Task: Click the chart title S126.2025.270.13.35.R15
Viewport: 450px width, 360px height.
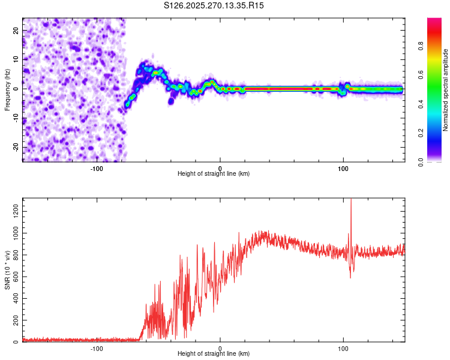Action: (214, 5)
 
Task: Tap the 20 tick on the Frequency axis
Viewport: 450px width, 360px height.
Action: (16, 30)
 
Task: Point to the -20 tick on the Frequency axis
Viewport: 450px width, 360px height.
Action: (16, 147)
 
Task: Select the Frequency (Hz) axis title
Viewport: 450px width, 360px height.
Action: (7, 90)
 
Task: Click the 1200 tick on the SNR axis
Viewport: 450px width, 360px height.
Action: (13, 210)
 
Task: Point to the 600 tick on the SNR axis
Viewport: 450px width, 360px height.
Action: (14, 276)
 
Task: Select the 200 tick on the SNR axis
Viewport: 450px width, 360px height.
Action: (14, 320)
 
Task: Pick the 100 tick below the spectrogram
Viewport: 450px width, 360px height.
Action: (343, 169)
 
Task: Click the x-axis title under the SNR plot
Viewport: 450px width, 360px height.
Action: (214, 355)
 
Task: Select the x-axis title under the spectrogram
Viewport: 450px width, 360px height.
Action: (214, 174)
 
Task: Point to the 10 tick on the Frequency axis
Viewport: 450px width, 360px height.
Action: (16, 59)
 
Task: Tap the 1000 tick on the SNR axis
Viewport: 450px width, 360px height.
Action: (13, 232)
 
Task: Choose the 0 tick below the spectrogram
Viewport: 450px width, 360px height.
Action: (220, 169)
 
